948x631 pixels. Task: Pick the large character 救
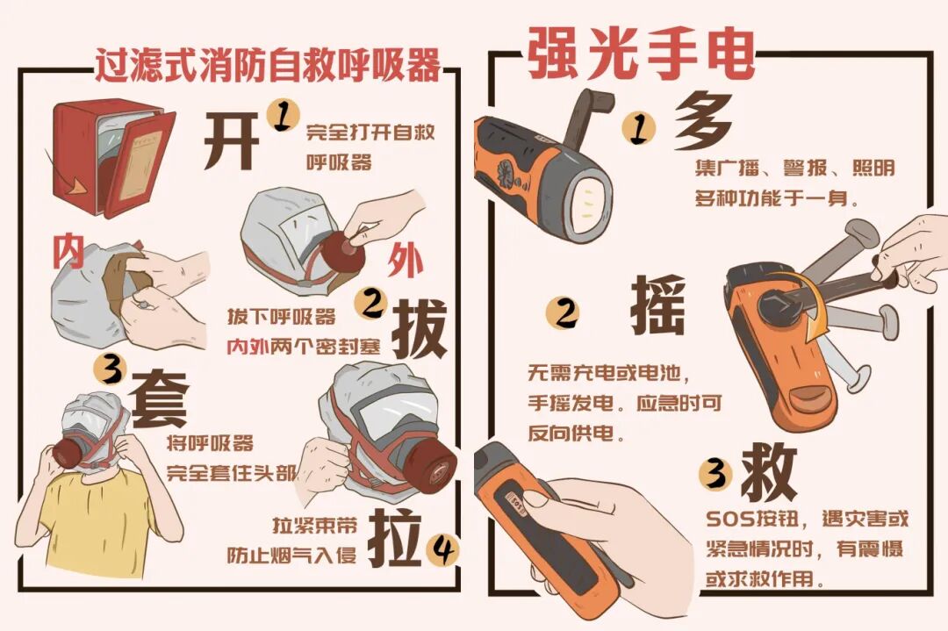[768, 471]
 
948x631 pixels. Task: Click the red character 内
[68, 251]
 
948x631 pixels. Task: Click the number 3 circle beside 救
[715, 475]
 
